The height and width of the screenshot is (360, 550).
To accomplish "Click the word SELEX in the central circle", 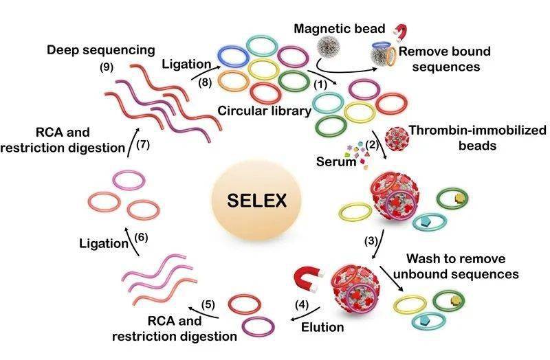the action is tap(256, 201).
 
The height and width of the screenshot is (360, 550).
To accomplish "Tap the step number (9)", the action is tap(107, 67).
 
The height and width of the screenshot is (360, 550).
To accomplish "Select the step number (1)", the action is tap(320, 85).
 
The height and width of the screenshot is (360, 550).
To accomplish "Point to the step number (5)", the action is tap(208, 304).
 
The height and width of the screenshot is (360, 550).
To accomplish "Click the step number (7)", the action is tap(143, 144).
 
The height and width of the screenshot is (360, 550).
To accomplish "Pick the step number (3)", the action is tap(371, 241).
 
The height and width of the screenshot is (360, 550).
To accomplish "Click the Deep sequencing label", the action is tap(101, 50).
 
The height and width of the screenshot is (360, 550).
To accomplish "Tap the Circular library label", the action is tap(265, 111).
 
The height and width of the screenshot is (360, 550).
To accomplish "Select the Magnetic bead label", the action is tap(340, 28).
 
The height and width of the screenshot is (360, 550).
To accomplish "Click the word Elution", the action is tap(322, 327).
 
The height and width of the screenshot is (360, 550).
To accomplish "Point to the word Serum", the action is tap(336, 161).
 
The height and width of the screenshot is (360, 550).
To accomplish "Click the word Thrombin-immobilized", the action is tap(478, 130).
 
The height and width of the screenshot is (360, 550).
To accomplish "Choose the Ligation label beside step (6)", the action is tap(104, 244).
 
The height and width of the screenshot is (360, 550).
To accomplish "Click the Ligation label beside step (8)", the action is tap(186, 64).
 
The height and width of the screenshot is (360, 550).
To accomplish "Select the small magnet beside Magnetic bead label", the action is tap(400, 32).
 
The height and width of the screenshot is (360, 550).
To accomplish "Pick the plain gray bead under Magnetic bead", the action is tap(329, 47).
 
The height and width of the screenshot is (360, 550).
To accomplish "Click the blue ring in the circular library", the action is tap(233, 57).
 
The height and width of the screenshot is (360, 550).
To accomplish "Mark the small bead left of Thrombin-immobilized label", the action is tap(397, 139).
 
